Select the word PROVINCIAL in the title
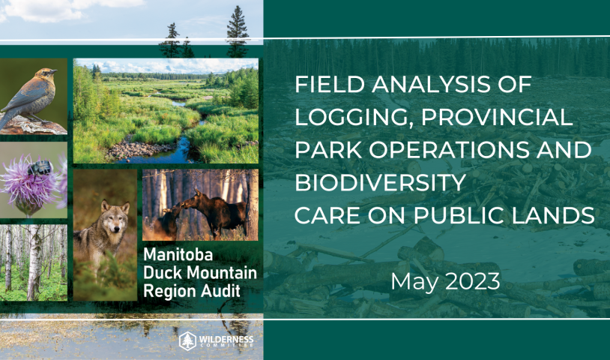[497, 117]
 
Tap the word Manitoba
[178, 254]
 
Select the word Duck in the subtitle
[159, 273]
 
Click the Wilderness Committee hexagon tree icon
[187, 341]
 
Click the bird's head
[47, 73]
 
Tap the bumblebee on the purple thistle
[40, 168]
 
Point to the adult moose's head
[192, 200]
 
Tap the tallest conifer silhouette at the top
[238, 32]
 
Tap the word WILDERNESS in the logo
[226, 339]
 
